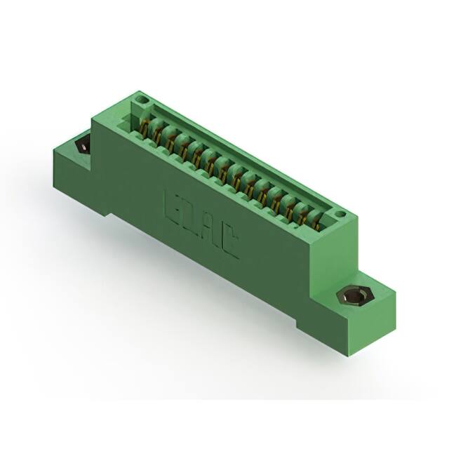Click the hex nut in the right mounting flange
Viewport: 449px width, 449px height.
(x=351, y=295)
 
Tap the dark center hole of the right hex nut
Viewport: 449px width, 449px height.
(x=351, y=296)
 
